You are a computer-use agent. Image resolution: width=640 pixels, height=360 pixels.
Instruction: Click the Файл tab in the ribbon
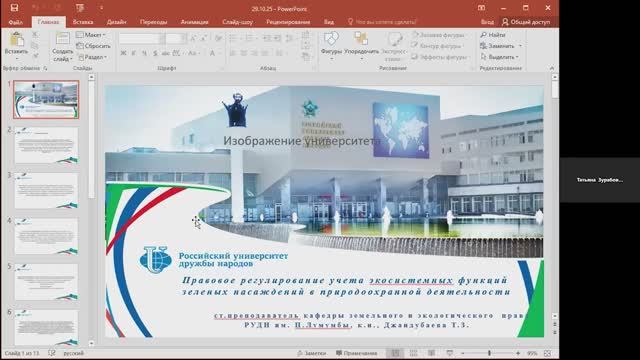[x=15, y=19]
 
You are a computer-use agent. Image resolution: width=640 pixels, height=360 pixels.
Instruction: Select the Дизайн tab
[x=116, y=19]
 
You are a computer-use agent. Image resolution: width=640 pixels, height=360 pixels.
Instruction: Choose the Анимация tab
[x=194, y=19]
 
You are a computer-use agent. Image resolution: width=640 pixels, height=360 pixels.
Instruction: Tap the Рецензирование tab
[x=287, y=19]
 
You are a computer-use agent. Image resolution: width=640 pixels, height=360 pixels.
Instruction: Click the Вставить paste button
[x=16, y=46]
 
